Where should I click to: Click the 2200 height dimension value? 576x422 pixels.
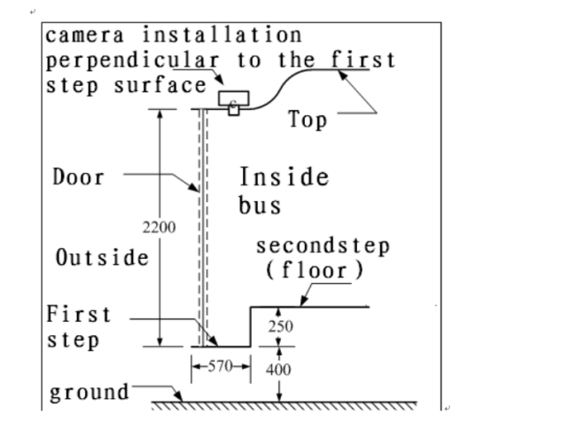159,227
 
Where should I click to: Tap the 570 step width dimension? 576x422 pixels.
221,364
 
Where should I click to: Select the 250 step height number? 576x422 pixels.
279,326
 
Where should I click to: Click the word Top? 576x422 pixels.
307,120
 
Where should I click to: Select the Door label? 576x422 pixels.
78,177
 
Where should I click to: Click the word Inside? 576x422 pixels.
284,176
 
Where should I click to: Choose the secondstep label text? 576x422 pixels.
323,245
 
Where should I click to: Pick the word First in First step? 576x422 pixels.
79,315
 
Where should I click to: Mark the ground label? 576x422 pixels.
89,391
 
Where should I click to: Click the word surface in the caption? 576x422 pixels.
160,87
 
